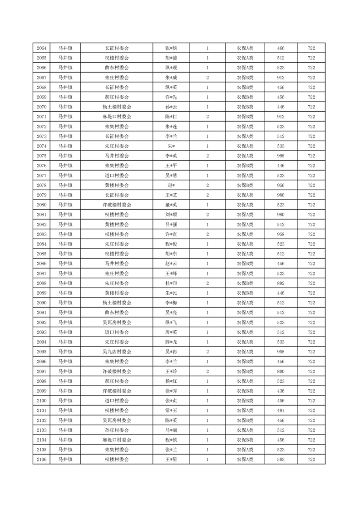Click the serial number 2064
click(x=42, y=49)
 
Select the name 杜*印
click(x=171, y=283)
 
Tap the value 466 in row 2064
click(x=281, y=49)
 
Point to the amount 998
click(x=281, y=156)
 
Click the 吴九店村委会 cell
click(x=117, y=352)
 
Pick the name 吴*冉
click(x=171, y=352)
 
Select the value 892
click(x=281, y=283)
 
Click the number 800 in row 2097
click(x=281, y=371)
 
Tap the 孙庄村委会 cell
click(x=117, y=430)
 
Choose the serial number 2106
click(x=42, y=459)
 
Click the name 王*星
click(x=171, y=459)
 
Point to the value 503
click(x=281, y=459)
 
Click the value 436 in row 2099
click(x=281, y=391)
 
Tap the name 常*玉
click(x=171, y=410)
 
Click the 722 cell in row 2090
click(x=311, y=303)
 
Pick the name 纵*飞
click(x=171, y=322)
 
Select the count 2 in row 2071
click(x=207, y=117)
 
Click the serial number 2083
click(x=42, y=234)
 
